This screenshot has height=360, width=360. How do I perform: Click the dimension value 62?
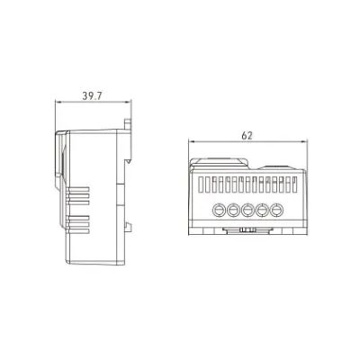click(246, 134)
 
